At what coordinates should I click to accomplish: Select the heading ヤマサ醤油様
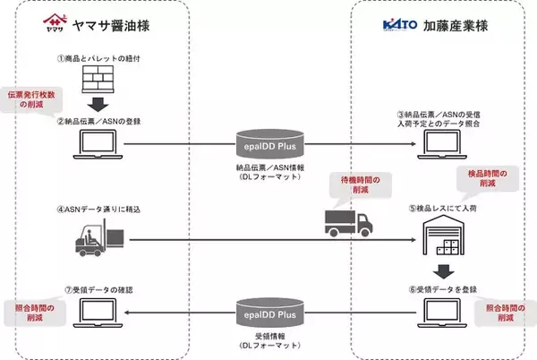tap(117, 27)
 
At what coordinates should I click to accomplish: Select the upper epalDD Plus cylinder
tap(270, 141)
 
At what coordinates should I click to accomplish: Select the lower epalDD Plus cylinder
tap(270, 313)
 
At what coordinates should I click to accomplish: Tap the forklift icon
tap(93, 237)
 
